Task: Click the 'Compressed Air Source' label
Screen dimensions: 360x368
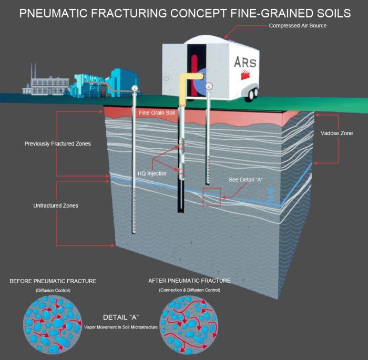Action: (298, 26)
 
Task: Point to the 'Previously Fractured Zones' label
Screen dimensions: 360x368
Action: (57, 143)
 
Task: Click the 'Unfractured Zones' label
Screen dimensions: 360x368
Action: (56, 205)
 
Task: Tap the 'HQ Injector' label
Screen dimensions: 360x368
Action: (150, 173)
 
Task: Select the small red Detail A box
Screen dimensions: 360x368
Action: (211, 197)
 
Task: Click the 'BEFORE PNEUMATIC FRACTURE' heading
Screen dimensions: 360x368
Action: (53, 281)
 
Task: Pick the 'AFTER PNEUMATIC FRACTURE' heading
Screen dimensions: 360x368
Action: (190, 281)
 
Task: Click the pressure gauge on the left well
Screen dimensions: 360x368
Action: (135, 88)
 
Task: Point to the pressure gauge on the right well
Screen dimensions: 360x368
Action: (209, 86)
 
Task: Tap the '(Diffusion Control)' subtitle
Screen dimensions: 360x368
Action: (53, 291)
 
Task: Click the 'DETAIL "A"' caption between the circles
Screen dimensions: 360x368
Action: (120, 317)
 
